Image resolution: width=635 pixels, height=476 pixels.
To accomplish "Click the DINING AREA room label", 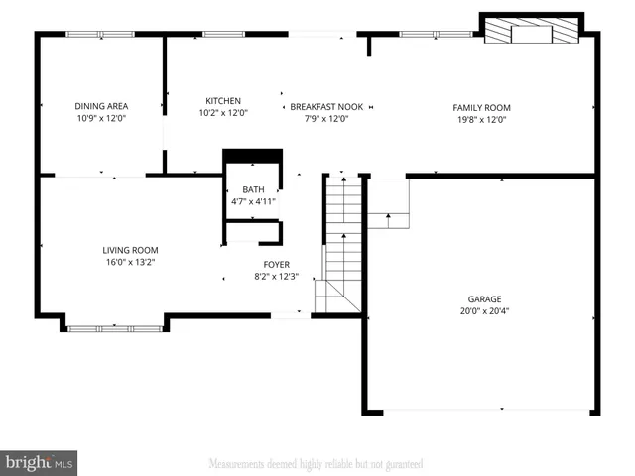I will pos(101,106).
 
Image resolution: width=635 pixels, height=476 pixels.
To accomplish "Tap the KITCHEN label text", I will pos(223,101).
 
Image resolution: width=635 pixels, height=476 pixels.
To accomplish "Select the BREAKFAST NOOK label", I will pos(326,106).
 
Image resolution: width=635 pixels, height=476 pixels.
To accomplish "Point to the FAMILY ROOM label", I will pos(481,107).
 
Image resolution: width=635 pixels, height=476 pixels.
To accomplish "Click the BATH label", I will pos(252,189).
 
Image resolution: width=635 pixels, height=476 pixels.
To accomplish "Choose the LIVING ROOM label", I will pos(130,250).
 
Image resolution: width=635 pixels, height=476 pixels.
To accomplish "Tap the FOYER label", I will pos(276,265).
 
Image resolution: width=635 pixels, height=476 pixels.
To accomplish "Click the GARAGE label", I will pos(485,298).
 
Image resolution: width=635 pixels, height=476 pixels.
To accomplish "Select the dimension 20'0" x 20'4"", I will pos(485,310).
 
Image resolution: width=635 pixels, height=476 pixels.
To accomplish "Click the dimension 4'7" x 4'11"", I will pos(252,201).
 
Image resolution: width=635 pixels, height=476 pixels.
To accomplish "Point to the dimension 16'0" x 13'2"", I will pos(130,262).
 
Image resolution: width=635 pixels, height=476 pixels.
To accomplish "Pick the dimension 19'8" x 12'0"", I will pos(481,119).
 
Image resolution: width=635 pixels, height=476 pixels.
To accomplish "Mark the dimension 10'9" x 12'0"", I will pos(101,118).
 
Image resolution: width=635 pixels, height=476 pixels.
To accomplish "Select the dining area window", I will pos(100,35).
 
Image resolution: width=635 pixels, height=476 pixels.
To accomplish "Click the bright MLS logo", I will pos(40,461).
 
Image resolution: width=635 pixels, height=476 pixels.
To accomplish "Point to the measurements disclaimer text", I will pos(316,463).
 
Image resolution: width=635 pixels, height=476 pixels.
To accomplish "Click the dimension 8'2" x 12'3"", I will pos(276,277).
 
